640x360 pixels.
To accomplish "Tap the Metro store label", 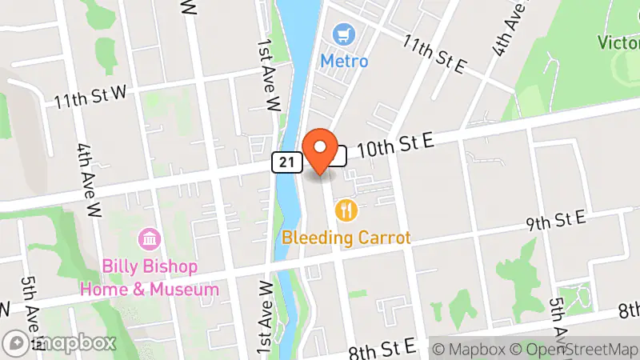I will (x=344, y=61).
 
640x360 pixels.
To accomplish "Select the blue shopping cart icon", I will (x=345, y=35).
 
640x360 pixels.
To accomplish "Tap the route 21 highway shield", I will (x=285, y=162).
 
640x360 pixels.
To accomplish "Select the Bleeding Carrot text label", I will (x=346, y=238).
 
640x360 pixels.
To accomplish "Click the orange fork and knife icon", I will (x=346, y=210).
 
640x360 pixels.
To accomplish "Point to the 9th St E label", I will (x=556, y=218).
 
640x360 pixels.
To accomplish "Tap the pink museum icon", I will (x=149, y=238).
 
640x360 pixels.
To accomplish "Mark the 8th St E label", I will (x=382, y=346).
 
